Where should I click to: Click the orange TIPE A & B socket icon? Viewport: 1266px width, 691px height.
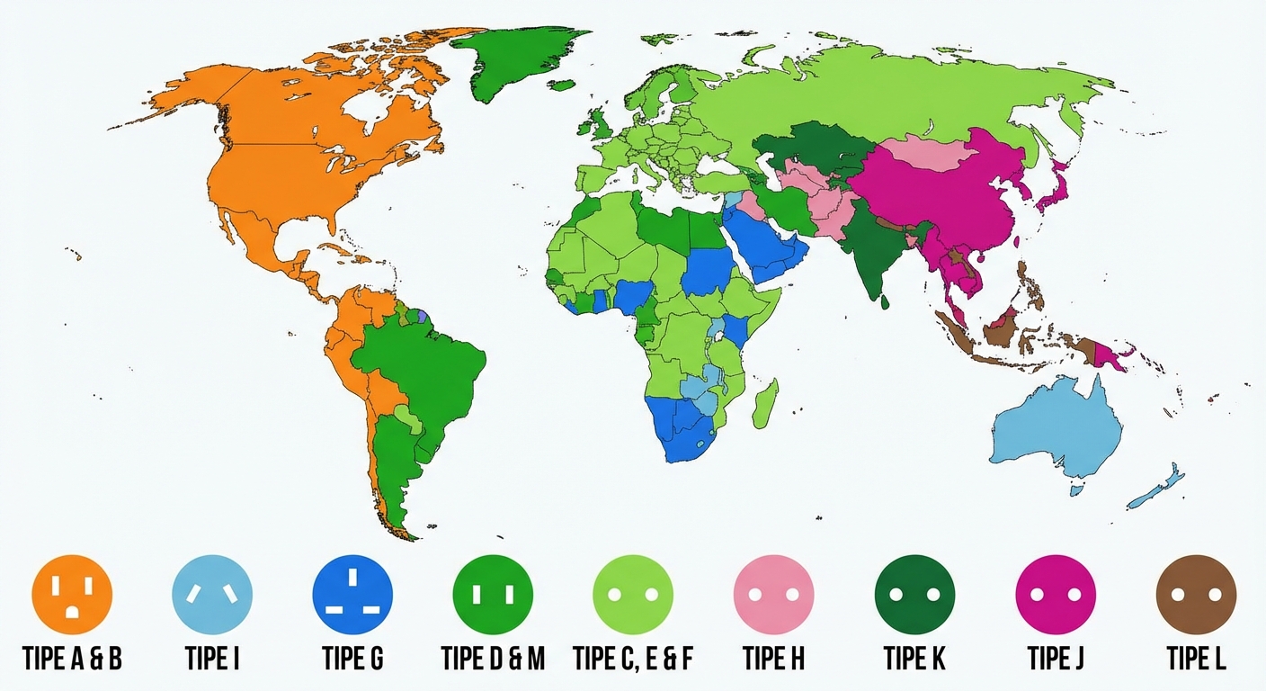(72, 595)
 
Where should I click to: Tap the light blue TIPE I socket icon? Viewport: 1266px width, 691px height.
(212, 595)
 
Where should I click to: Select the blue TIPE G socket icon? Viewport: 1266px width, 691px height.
(352, 595)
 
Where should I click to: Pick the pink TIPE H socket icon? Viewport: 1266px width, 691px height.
(774, 595)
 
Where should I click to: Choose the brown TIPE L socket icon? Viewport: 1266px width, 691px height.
(1196, 595)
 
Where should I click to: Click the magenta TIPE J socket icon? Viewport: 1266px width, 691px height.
(1056, 595)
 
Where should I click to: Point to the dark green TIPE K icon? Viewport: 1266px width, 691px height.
(914, 595)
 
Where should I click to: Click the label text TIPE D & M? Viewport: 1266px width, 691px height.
(493, 659)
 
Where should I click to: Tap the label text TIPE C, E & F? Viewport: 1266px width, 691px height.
(633, 659)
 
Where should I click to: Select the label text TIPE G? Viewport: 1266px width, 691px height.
(352, 659)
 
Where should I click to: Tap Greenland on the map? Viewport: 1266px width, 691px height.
(517, 58)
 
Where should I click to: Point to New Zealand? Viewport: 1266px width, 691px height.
(1160, 486)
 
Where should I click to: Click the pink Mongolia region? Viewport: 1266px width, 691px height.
(926, 153)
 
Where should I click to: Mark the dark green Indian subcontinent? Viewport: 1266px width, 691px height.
(868, 252)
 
